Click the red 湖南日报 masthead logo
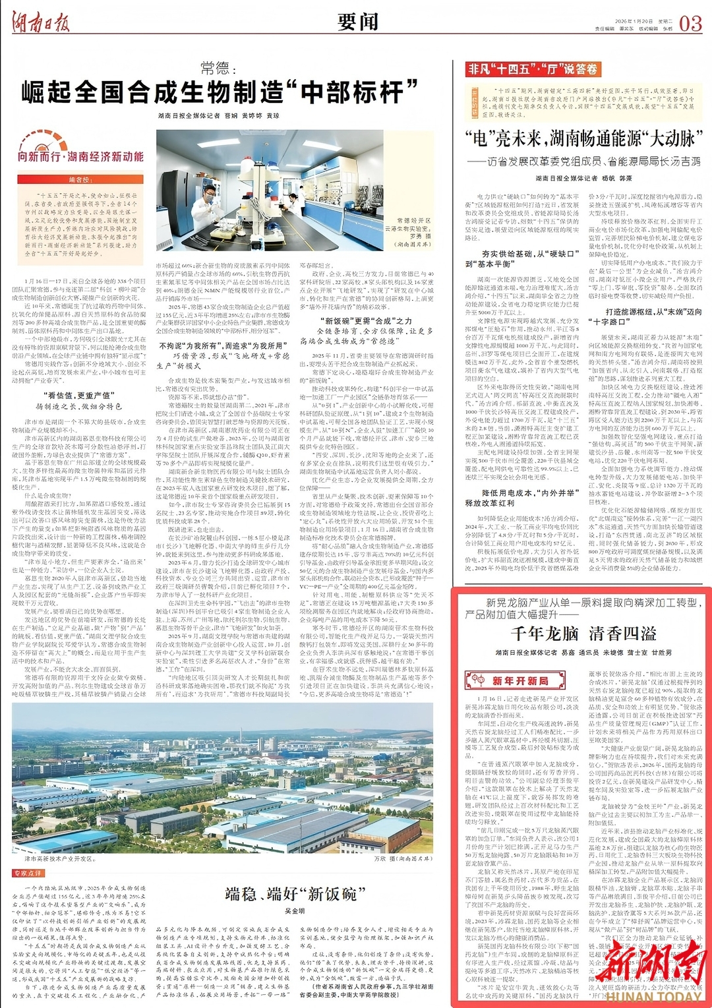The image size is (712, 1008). pyautogui.click(x=40, y=23)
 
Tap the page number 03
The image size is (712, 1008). pyautogui.click(x=690, y=24)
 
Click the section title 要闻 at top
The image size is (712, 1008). pyautogui.click(x=358, y=22)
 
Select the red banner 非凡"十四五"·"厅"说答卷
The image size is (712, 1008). pyautogui.click(x=533, y=69)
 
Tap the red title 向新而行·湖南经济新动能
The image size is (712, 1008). pyautogui.click(x=80, y=157)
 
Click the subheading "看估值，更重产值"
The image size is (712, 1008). pyautogui.click(x=78, y=396)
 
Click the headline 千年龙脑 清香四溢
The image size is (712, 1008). pyautogui.click(x=583, y=634)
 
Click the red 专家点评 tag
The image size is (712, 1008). pyautogui.click(x=28, y=873)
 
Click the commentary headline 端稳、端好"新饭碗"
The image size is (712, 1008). pyautogui.click(x=291, y=894)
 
